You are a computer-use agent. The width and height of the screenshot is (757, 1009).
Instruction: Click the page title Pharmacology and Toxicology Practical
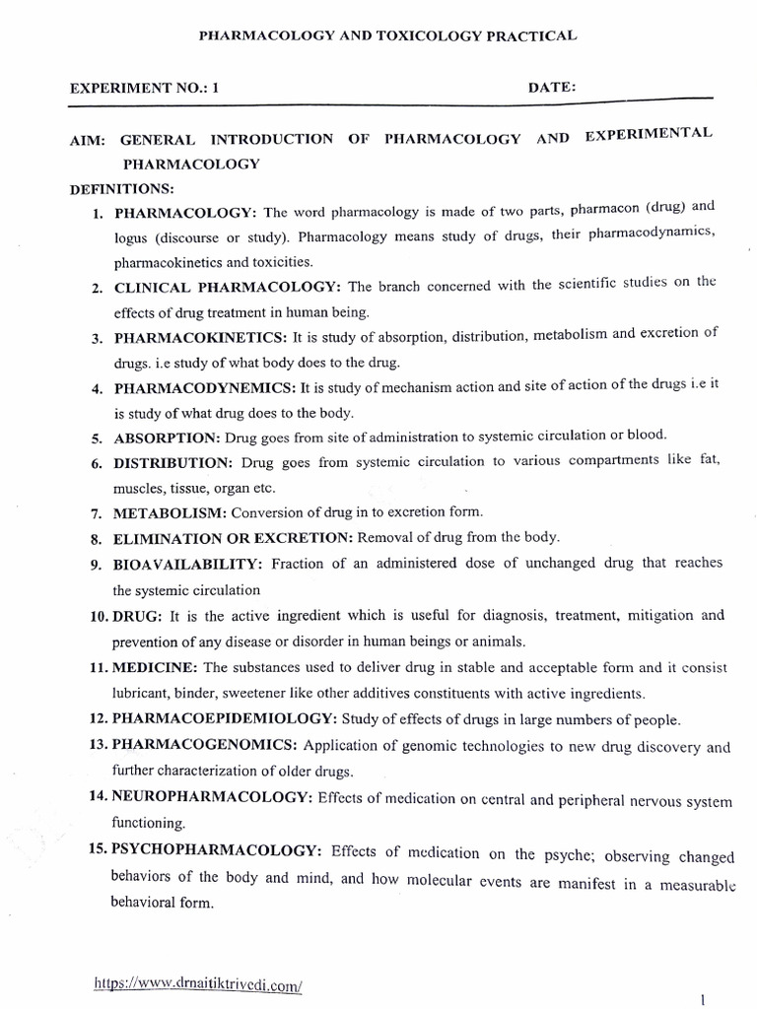click(x=387, y=35)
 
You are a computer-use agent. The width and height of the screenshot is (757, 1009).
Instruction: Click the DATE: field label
click(x=552, y=87)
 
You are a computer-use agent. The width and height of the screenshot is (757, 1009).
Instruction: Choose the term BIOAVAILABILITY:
click(x=186, y=564)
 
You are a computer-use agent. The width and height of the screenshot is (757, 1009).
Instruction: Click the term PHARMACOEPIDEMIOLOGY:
click(x=211, y=720)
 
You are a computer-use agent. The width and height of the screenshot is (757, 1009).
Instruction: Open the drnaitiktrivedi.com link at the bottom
click(x=196, y=983)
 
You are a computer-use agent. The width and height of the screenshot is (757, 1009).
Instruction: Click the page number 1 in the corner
click(x=701, y=999)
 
